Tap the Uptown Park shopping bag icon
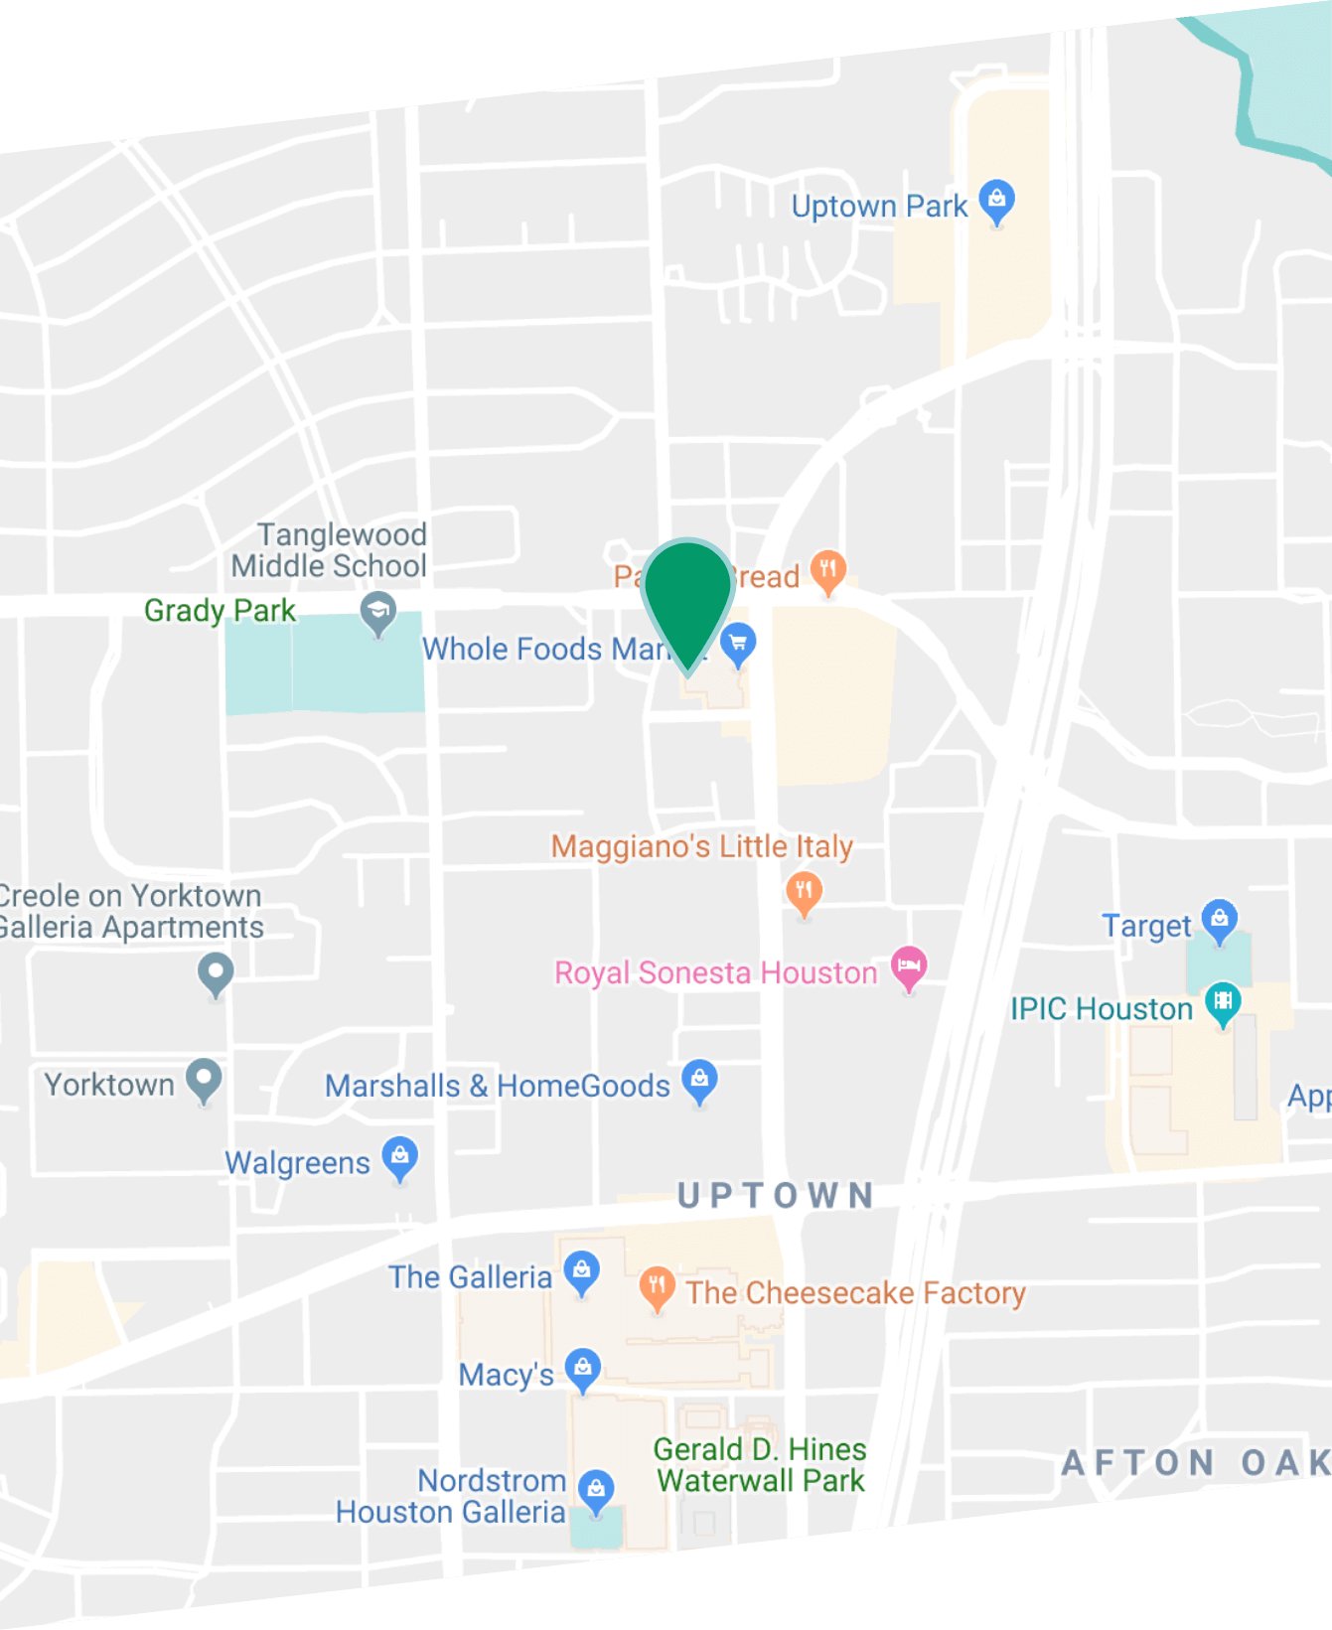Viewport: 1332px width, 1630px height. coord(996,202)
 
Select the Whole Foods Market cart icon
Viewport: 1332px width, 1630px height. coord(738,644)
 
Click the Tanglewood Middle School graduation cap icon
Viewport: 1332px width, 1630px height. coord(377,612)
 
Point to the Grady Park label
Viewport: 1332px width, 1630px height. coord(220,610)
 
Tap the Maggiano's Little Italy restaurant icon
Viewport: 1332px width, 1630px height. coord(804,891)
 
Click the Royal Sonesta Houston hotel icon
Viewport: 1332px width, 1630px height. coord(908,965)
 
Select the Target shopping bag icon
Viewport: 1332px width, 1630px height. coord(1219,920)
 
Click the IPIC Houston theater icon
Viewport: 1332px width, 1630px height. coord(1223,1003)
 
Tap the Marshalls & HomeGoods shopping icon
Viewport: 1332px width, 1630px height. coord(699,1080)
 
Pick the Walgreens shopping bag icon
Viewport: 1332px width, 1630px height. coord(399,1157)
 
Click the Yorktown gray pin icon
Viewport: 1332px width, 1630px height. coord(204,1080)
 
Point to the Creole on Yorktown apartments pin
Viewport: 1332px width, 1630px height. coord(216,973)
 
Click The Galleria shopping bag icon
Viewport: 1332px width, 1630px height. coord(581,1271)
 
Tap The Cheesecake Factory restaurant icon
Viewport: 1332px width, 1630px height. coord(657,1287)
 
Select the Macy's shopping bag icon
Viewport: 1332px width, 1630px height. coord(582,1370)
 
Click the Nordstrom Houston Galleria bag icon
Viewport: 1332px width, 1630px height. coord(596,1490)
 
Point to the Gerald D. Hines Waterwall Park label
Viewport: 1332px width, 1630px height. coord(760,1465)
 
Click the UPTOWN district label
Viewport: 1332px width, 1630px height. coord(776,1195)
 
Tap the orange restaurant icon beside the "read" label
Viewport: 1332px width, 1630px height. coord(827,572)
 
